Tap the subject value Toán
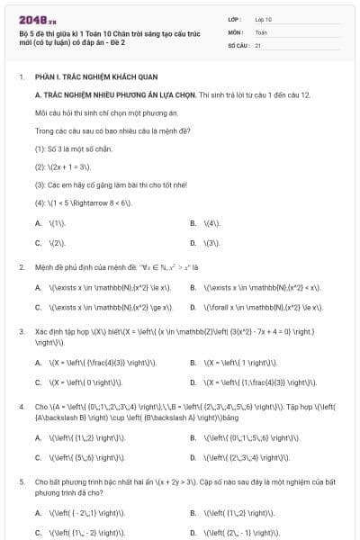coord(261,31)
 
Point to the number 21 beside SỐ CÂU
coord(258,44)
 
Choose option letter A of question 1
coord(38,222)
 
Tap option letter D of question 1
coord(193,243)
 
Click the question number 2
coord(22,267)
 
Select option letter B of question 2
coord(193,288)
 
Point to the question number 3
coord(22,331)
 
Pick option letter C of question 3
coord(38,383)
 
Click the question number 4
coord(22,407)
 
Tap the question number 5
coord(22,482)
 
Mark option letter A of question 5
coord(38,513)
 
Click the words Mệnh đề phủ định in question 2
coord(66,267)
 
